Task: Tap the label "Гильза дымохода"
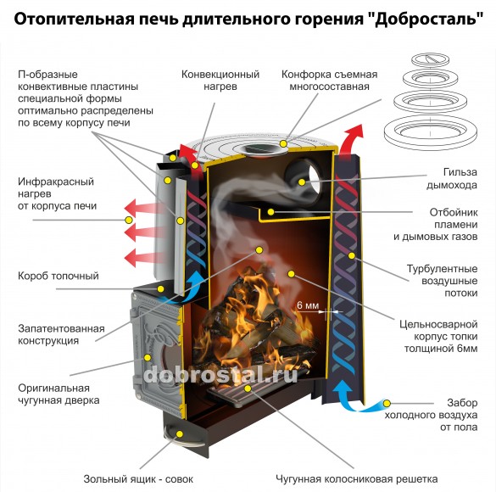452,178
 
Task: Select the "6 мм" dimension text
308,305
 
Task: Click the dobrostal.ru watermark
220,375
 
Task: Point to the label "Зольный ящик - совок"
138,478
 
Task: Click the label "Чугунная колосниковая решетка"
357,478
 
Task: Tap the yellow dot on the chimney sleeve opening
302,182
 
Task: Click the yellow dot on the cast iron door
147,357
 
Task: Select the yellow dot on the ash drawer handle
180,434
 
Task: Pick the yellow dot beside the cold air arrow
387,404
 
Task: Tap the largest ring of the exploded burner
430,133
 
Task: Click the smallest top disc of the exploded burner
430,59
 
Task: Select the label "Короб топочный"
59,276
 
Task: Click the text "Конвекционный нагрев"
220,80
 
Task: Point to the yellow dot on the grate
248,389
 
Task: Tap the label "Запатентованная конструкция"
61,334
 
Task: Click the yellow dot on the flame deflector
270,212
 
